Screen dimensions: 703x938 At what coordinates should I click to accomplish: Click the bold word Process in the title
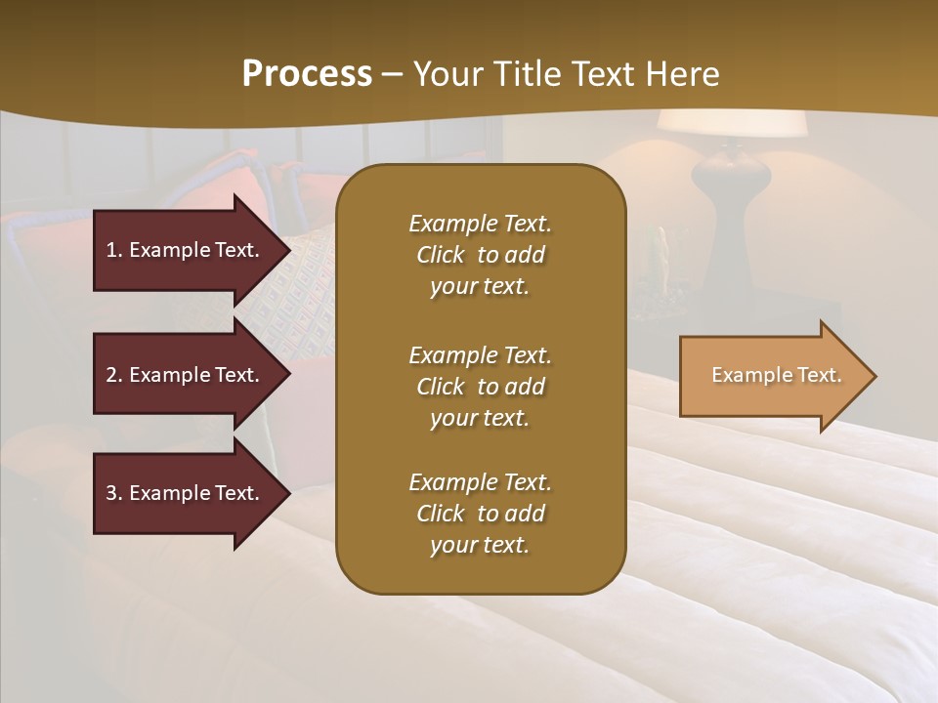(x=307, y=74)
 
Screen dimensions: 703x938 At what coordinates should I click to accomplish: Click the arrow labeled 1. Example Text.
(x=186, y=250)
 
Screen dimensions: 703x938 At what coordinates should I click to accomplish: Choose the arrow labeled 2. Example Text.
(x=186, y=375)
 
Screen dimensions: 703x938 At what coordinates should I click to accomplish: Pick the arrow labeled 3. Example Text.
(x=186, y=493)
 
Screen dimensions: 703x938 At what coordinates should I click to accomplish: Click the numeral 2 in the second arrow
(x=111, y=375)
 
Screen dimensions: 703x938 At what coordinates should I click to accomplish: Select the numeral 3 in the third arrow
(x=111, y=493)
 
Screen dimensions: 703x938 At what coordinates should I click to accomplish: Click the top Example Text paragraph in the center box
(x=480, y=255)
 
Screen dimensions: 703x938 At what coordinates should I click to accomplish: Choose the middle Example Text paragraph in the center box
(x=480, y=387)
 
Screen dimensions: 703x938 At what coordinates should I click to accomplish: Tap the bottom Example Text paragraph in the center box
(x=480, y=514)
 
